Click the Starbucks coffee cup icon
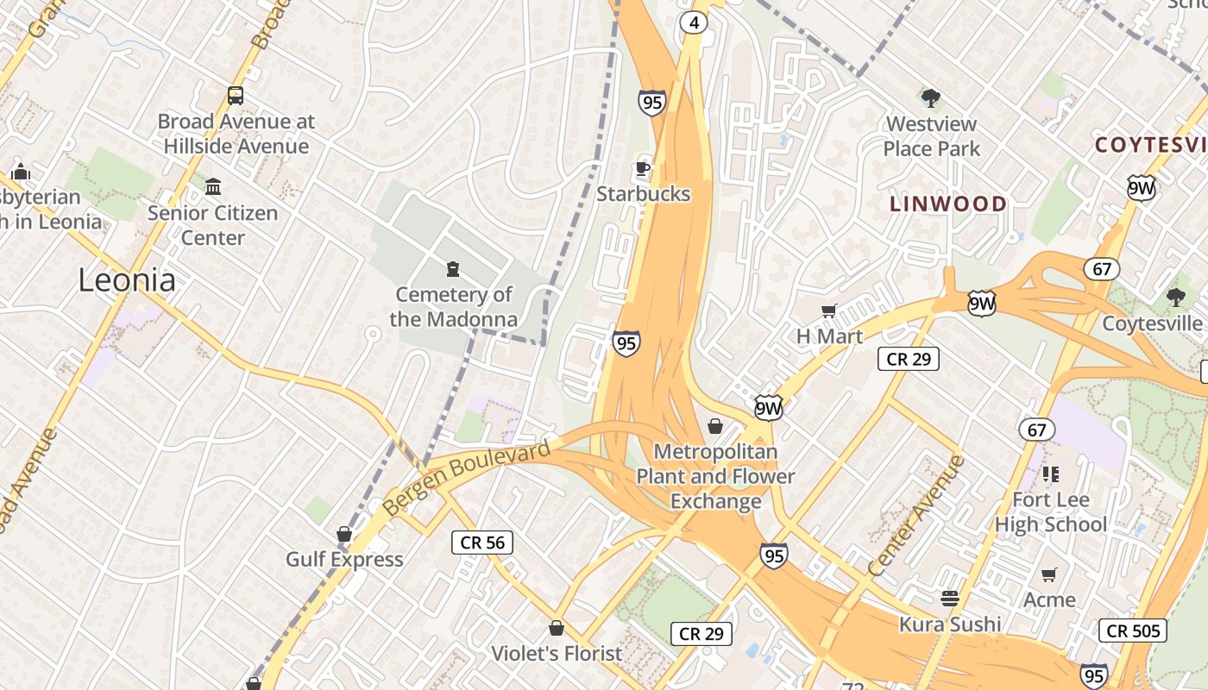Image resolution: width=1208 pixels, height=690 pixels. [642, 167]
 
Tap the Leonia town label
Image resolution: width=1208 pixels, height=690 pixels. [127, 280]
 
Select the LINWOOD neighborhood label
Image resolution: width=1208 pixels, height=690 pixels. [948, 204]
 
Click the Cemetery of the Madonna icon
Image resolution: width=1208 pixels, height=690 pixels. [453, 269]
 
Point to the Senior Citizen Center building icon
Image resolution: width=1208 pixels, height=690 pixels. [213, 186]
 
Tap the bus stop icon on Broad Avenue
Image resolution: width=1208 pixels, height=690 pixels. [236, 95]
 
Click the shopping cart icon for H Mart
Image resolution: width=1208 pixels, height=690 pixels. [828, 310]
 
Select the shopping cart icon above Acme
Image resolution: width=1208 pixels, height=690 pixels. [1049, 574]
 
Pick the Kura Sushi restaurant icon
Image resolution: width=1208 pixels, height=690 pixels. [950, 598]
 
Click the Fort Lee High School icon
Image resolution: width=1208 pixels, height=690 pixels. [1050, 474]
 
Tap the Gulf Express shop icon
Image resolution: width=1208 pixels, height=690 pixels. [344, 534]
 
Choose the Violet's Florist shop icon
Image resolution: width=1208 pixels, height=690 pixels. [557, 627]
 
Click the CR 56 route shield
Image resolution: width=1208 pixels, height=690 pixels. [482, 542]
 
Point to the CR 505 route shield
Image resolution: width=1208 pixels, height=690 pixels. [1133, 630]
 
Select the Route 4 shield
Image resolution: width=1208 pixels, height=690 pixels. [694, 22]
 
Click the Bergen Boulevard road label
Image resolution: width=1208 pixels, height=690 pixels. [466, 479]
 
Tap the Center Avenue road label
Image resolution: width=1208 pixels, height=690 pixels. [916, 516]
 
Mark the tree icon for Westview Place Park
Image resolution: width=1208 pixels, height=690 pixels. [930, 97]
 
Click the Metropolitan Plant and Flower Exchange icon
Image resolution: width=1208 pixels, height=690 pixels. [715, 426]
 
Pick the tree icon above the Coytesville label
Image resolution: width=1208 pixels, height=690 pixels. [1175, 298]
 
